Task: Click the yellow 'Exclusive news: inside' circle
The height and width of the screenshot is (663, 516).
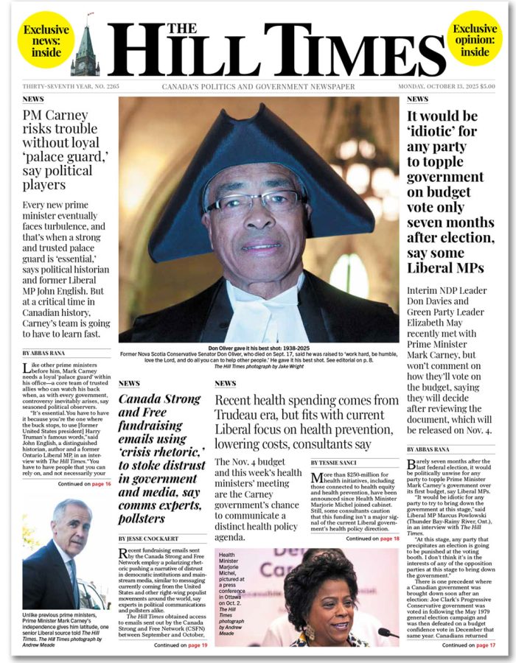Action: click(x=45, y=40)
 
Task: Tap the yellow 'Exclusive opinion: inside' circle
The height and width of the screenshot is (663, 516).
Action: click(x=475, y=40)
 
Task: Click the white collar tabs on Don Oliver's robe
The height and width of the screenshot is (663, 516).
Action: click(x=257, y=309)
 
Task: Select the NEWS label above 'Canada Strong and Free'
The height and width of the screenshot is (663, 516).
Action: click(x=129, y=384)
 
